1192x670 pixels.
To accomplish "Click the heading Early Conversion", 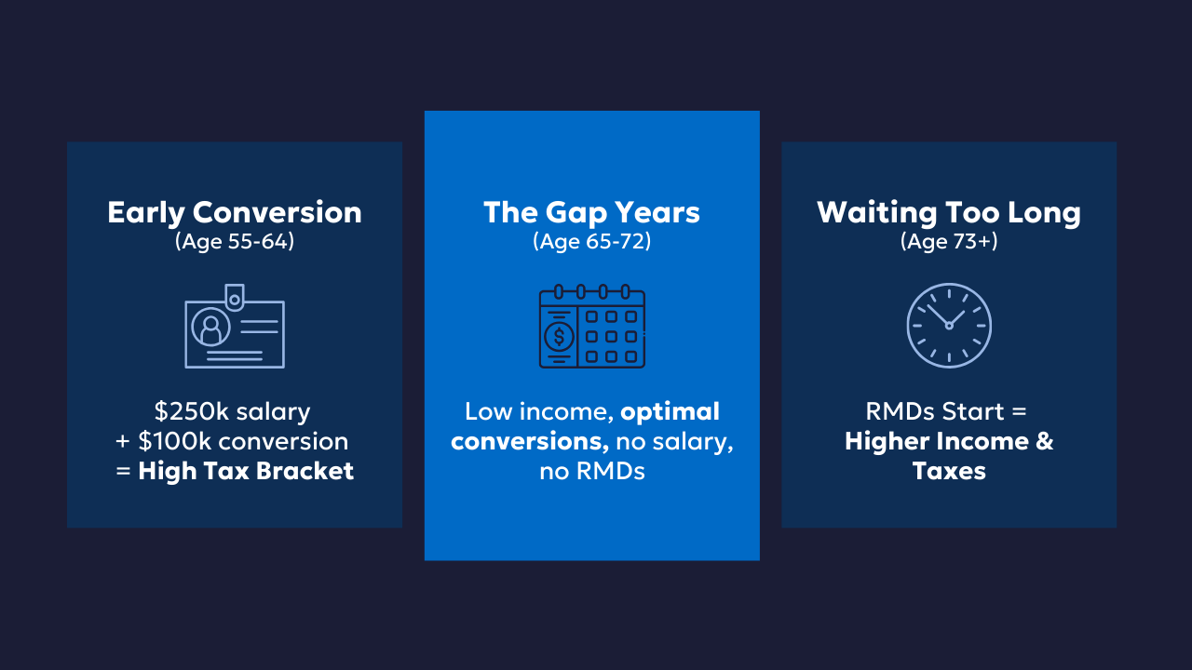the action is click(235, 213).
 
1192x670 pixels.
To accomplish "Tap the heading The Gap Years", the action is click(591, 213).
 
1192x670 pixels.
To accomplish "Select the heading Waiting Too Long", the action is click(949, 213).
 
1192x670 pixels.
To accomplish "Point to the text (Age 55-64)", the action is click(235, 241).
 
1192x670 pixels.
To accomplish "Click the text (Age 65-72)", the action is click(591, 241).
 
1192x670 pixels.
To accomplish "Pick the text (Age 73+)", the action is click(949, 241).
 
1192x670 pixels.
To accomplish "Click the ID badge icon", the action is click(235, 326).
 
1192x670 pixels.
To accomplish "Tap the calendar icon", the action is click(591, 326).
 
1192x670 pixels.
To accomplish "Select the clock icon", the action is click(949, 326).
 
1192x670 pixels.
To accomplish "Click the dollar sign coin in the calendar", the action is click(559, 337).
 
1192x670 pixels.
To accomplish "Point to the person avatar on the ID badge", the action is click(210, 327).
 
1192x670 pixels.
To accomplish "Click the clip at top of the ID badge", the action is click(235, 297).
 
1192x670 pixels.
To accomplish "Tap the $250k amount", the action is click(192, 411).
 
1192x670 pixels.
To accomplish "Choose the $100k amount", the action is click(175, 441).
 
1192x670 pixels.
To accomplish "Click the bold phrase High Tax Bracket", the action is click(246, 471).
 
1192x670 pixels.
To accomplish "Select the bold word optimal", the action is click(670, 412).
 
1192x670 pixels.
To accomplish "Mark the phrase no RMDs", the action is click(591, 471).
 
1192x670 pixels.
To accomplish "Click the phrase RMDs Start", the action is click(935, 411).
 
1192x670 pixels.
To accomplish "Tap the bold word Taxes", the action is click(949, 471).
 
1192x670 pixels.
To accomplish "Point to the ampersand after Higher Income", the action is click(1045, 441).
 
